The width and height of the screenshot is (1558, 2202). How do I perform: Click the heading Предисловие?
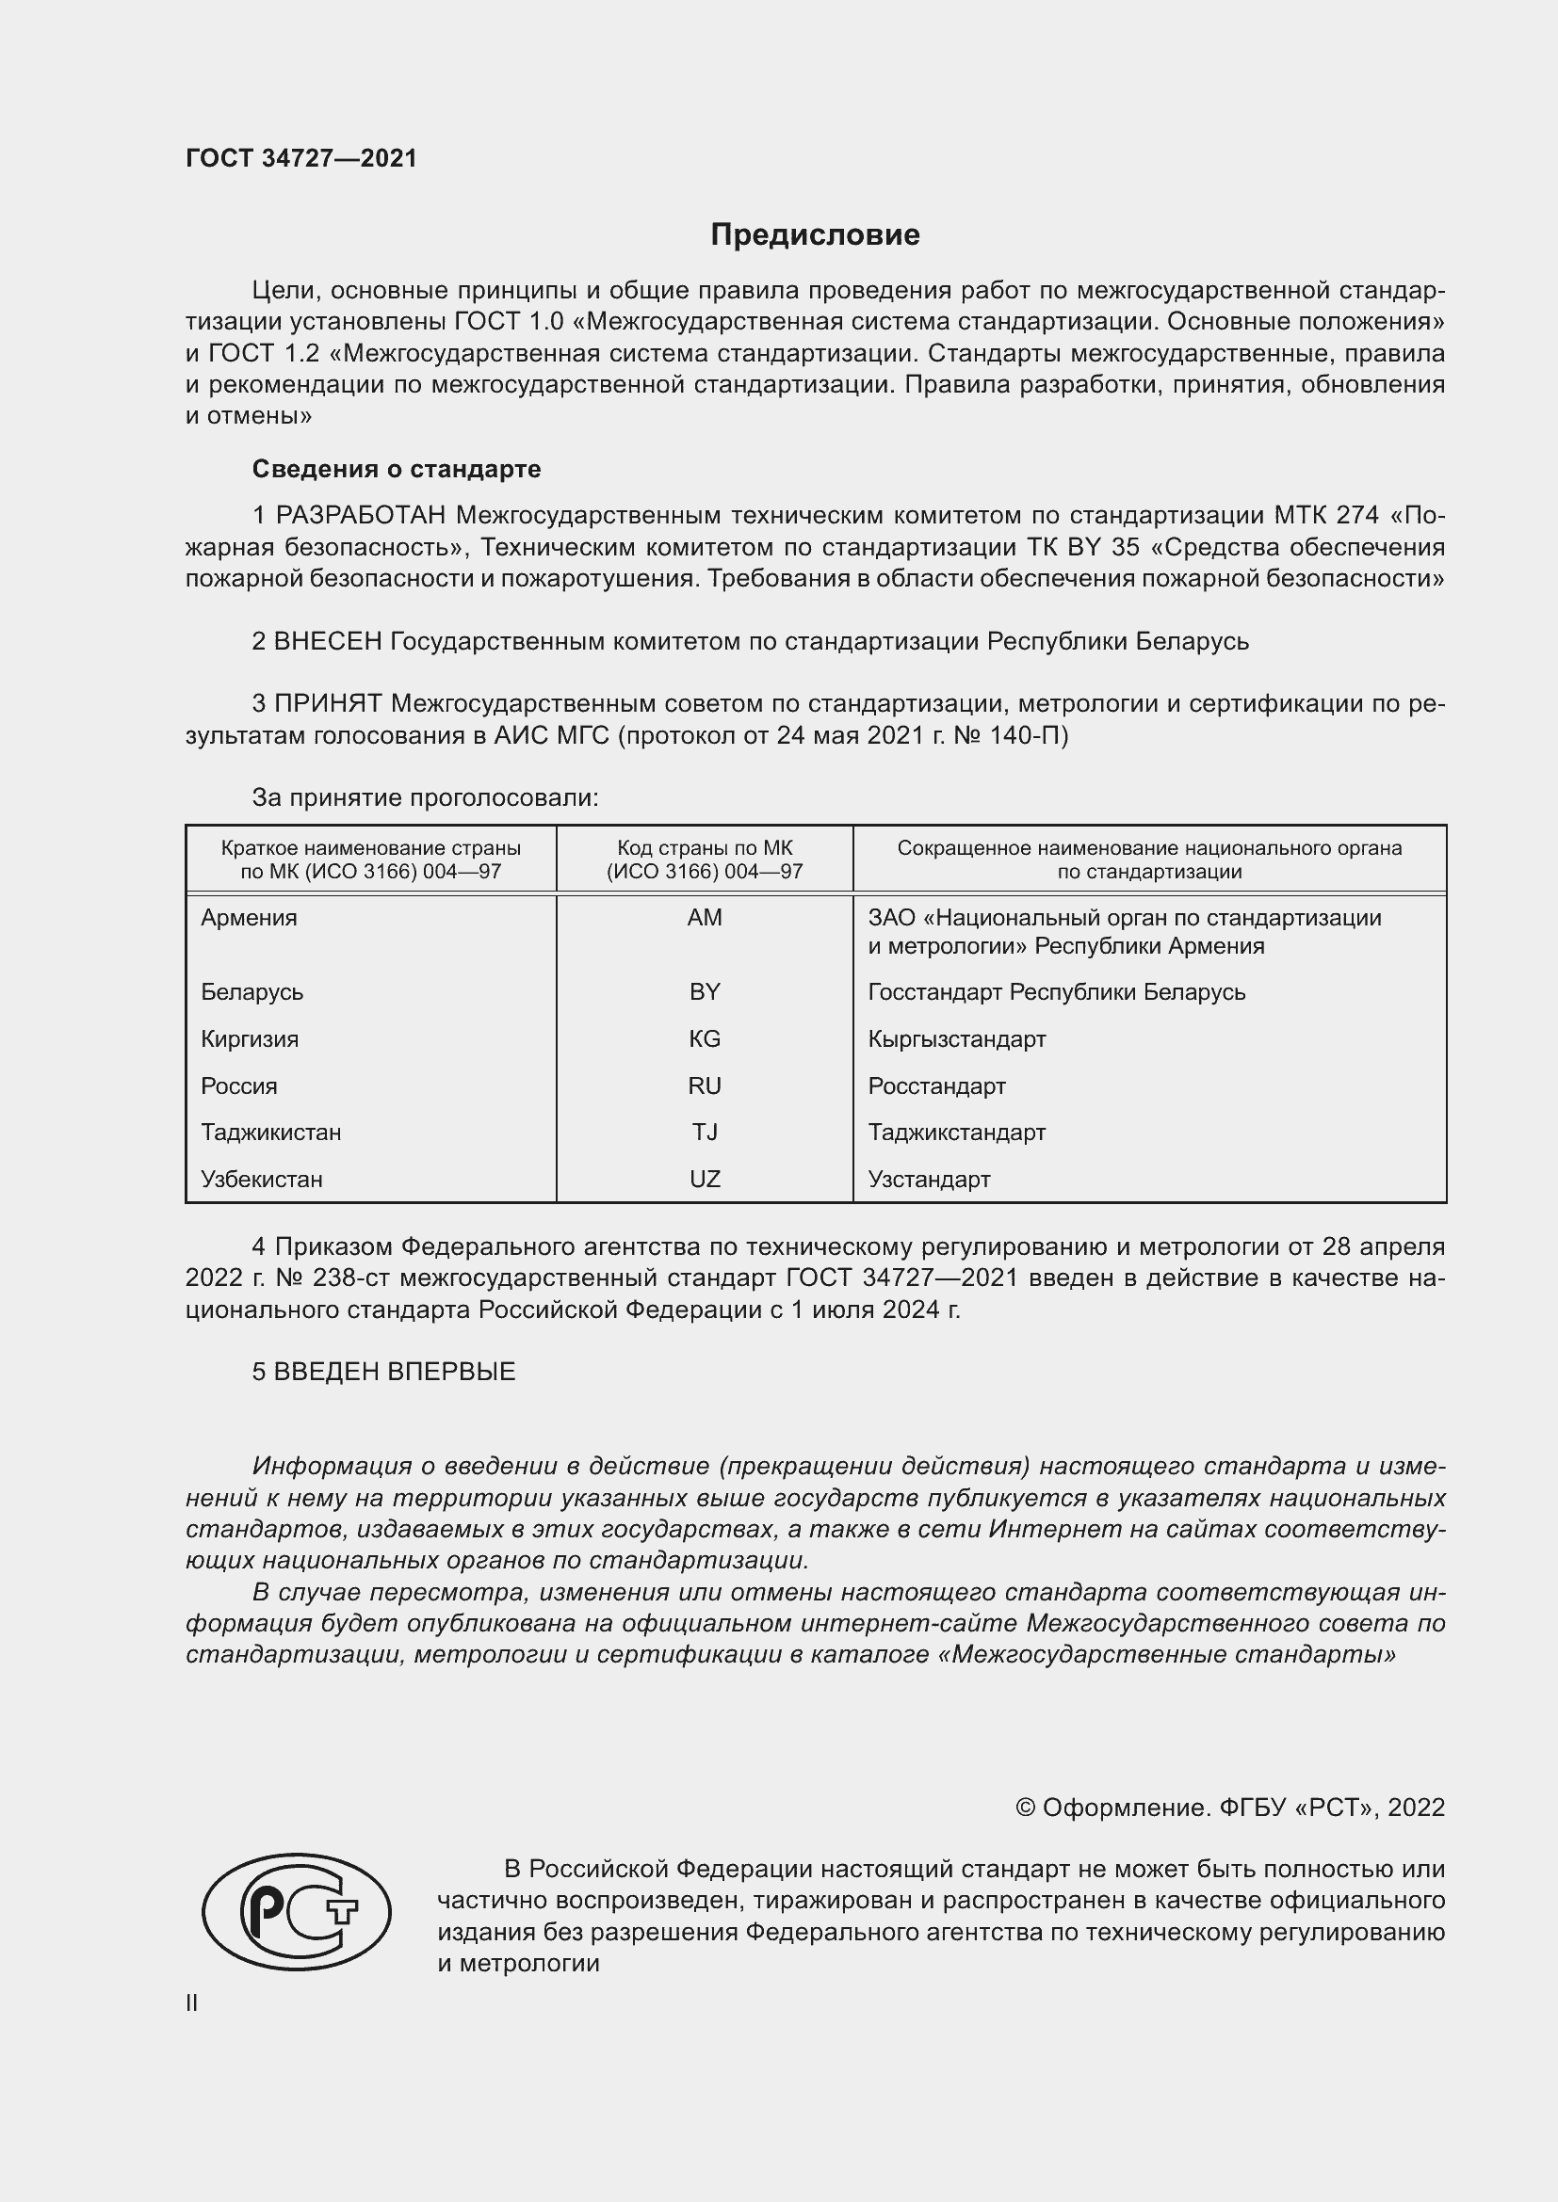(x=815, y=235)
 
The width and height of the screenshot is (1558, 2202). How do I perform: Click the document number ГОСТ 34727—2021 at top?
(x=301, y=158)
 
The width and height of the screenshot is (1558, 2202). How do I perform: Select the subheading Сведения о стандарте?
(x=397, y=469)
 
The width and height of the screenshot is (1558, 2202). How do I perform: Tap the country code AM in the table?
(x=705, y=918)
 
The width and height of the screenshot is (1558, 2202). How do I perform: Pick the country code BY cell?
(x=705, y=991)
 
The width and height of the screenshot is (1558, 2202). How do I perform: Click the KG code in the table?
(x=705, y=1038)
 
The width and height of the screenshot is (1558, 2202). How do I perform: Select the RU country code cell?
(x=705, y=1085)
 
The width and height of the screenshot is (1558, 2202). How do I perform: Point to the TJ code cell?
(x=705, y=1132)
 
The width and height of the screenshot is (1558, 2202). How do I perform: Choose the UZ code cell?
(x=705, y=1179)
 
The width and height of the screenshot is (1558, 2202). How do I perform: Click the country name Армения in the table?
(x=249, y=918)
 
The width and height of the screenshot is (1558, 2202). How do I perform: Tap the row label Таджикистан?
(x=270, y=1132)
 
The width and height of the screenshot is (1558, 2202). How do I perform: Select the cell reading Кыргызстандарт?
(x=956, y=1038)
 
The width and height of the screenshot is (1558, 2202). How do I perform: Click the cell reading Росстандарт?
(x=936, y=1085)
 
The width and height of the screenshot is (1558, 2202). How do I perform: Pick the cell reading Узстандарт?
(x=929, y=1179)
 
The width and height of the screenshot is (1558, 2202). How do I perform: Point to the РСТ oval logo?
(x=296, y=1912)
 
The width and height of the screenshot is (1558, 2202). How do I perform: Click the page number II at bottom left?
(x=192, y=2002)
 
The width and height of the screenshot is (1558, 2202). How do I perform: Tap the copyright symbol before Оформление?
(x=1025, y=1808)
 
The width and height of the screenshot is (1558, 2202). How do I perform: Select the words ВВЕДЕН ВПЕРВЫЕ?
(x=395, y=1372)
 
